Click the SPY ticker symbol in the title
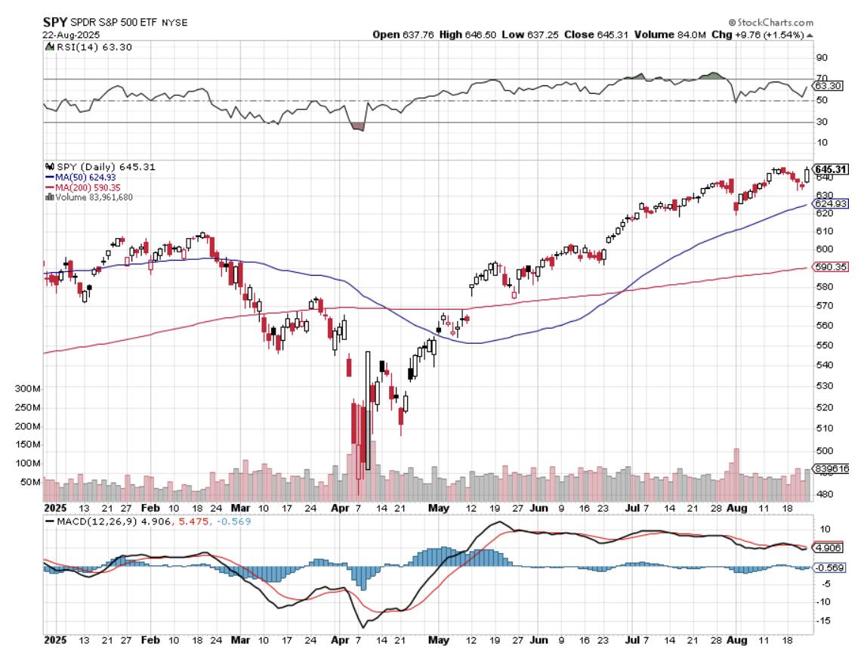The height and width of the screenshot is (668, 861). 55,22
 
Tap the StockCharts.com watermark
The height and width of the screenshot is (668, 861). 771,23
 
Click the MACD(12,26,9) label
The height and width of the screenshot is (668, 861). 92,521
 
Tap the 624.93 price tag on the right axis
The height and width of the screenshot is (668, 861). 829,204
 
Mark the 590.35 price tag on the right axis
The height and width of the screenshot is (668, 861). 829,267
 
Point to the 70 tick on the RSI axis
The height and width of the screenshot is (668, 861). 822,79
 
